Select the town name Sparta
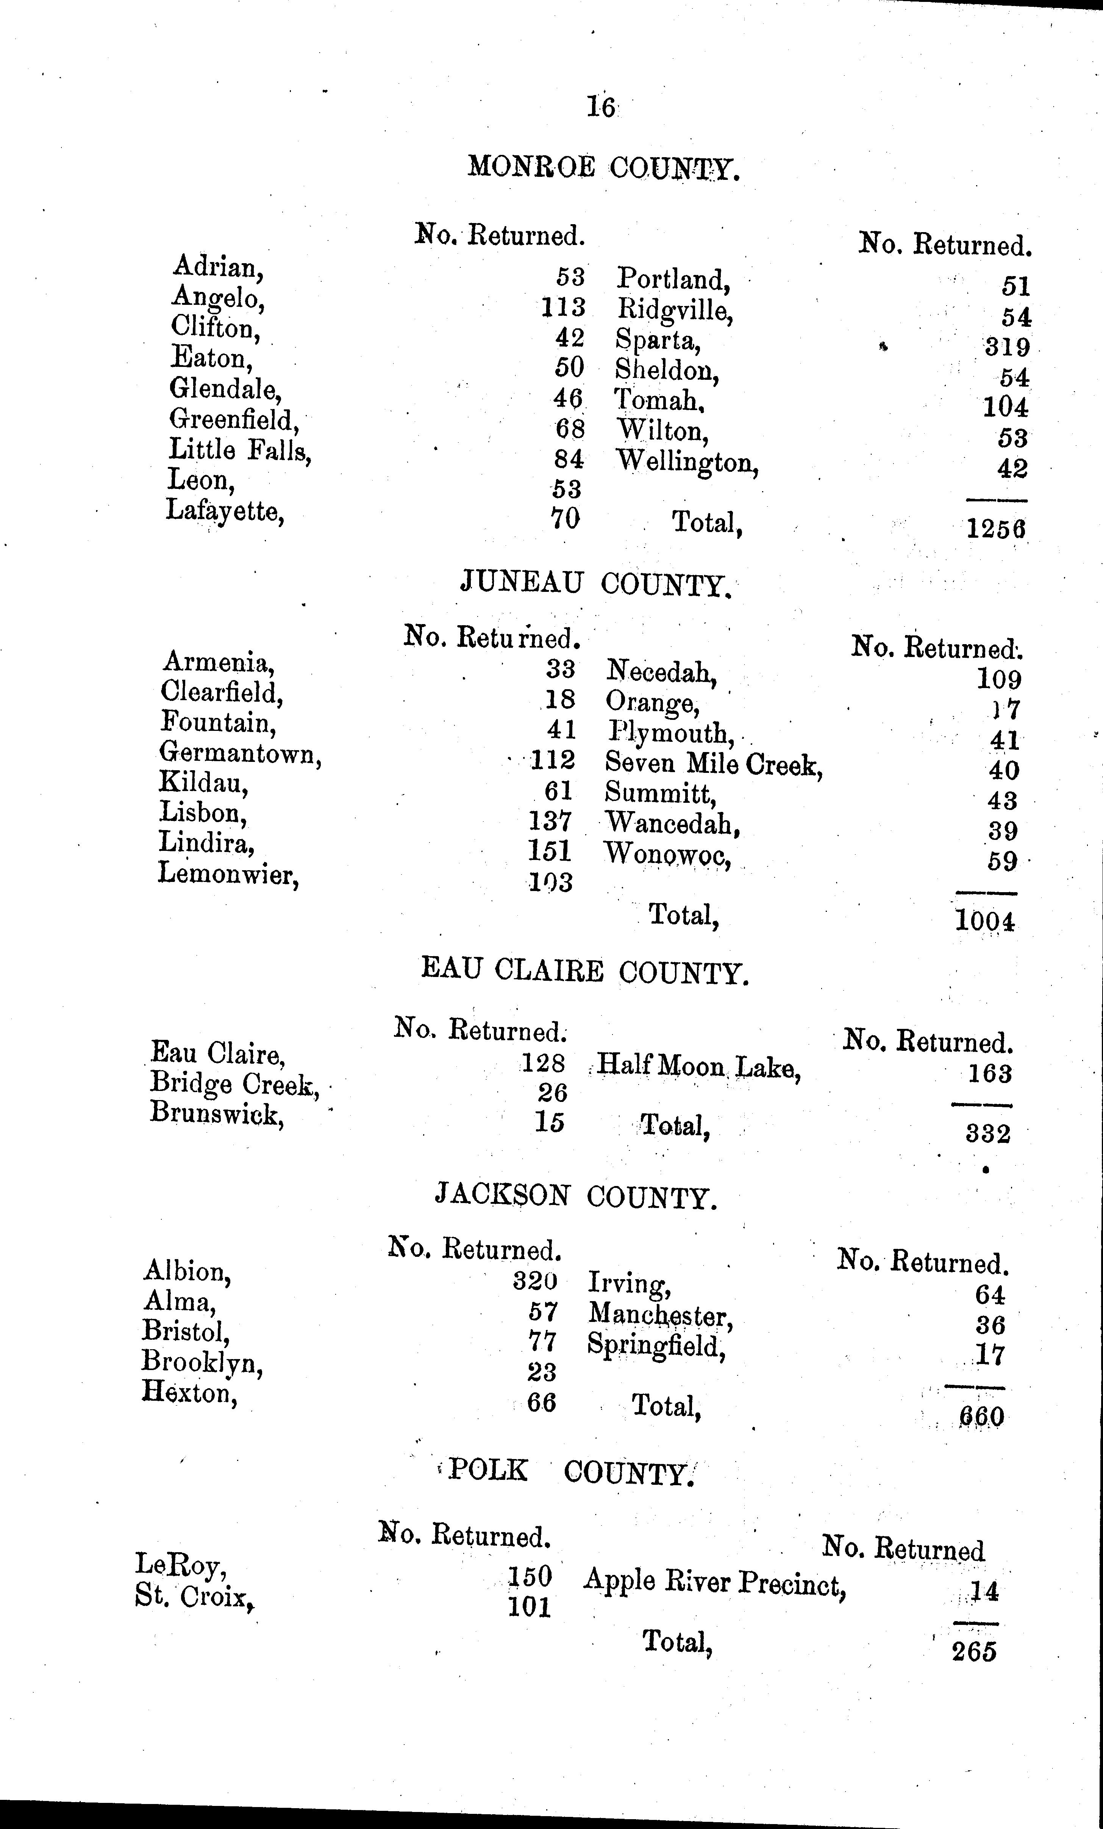click(x=658, y=340)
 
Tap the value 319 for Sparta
click(x=1007, y=346)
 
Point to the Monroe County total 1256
click(x=996, y=529)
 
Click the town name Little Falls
click(x=240, y=450)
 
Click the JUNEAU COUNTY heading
click(x=596, y=584)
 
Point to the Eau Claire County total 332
click(x=988, y=1133)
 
